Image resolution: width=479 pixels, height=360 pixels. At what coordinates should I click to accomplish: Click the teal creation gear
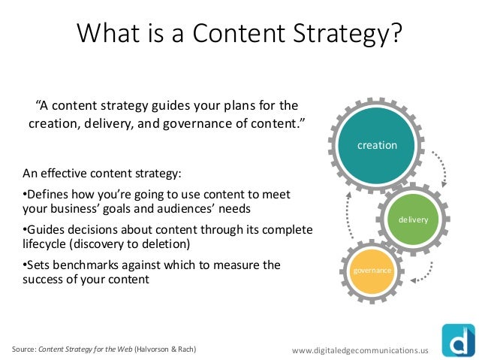click(x=377, y=145)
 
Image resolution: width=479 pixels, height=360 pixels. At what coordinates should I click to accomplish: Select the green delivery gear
click(x=413, y=219)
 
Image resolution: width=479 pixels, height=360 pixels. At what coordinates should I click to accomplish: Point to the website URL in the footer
click(x=360, y=349)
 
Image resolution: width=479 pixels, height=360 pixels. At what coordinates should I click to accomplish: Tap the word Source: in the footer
click(x=23, y=349)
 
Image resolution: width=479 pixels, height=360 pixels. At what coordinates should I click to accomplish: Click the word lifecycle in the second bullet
click(x=47, y=244)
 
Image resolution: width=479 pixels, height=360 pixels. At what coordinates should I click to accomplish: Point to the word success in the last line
click(x=46, y=280)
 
